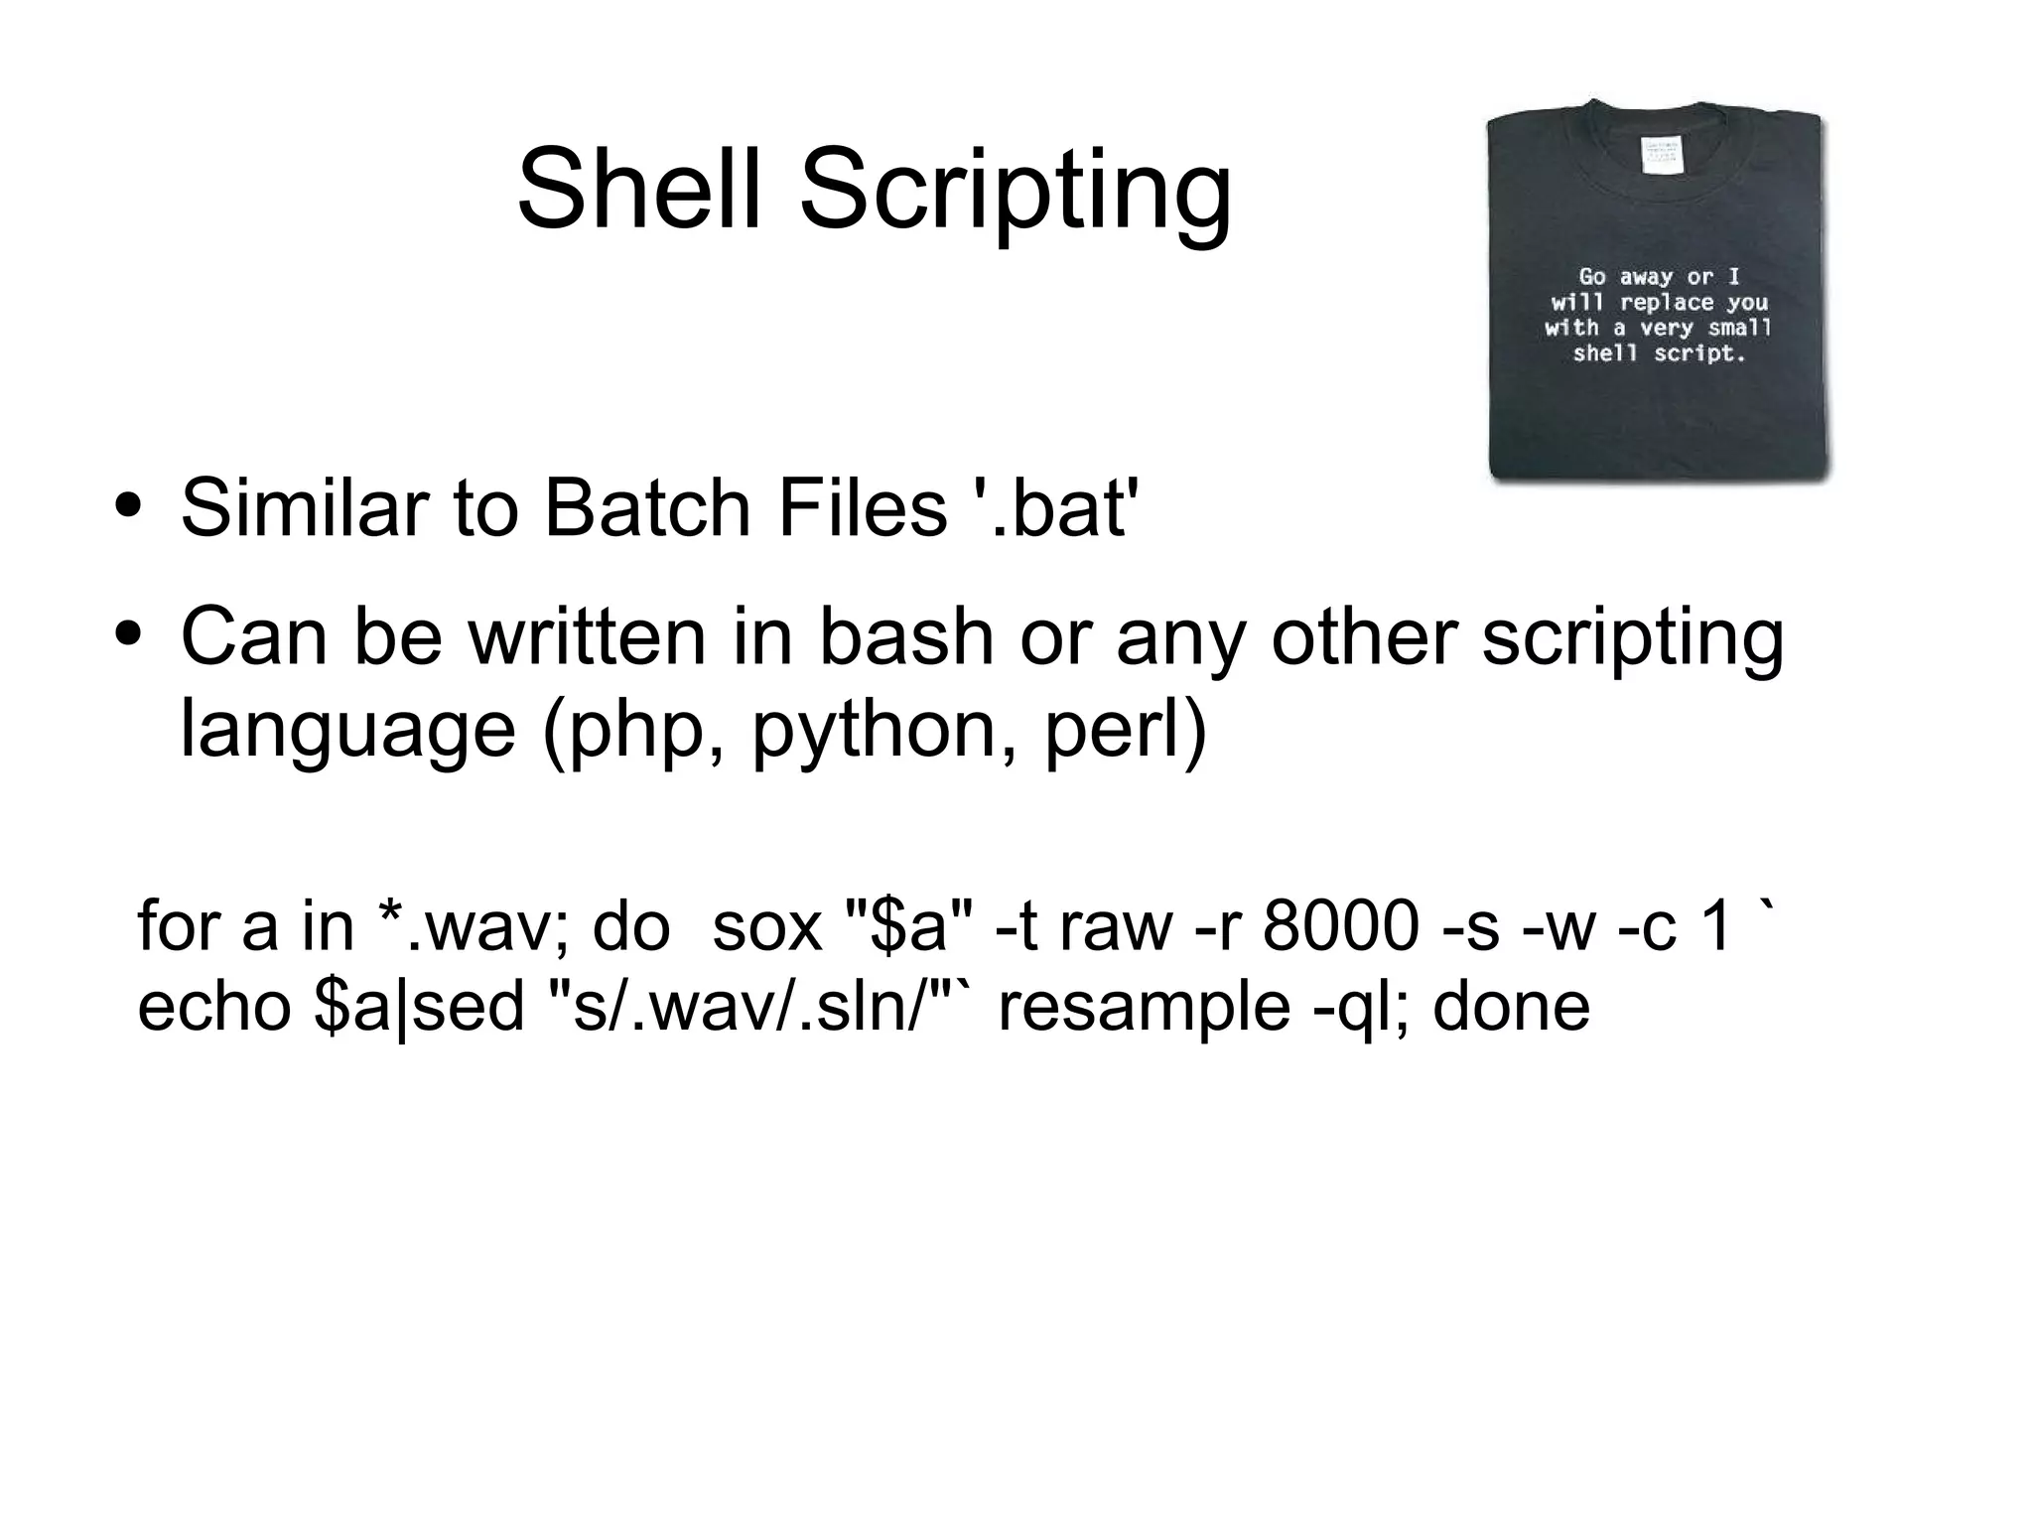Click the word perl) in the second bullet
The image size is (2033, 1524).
[1125, 731]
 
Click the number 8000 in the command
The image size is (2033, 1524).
[1341, 926]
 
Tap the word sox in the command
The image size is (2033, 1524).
[767, 926]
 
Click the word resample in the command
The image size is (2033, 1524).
[1144, 1008]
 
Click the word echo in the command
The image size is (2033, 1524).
[213, 1006]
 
